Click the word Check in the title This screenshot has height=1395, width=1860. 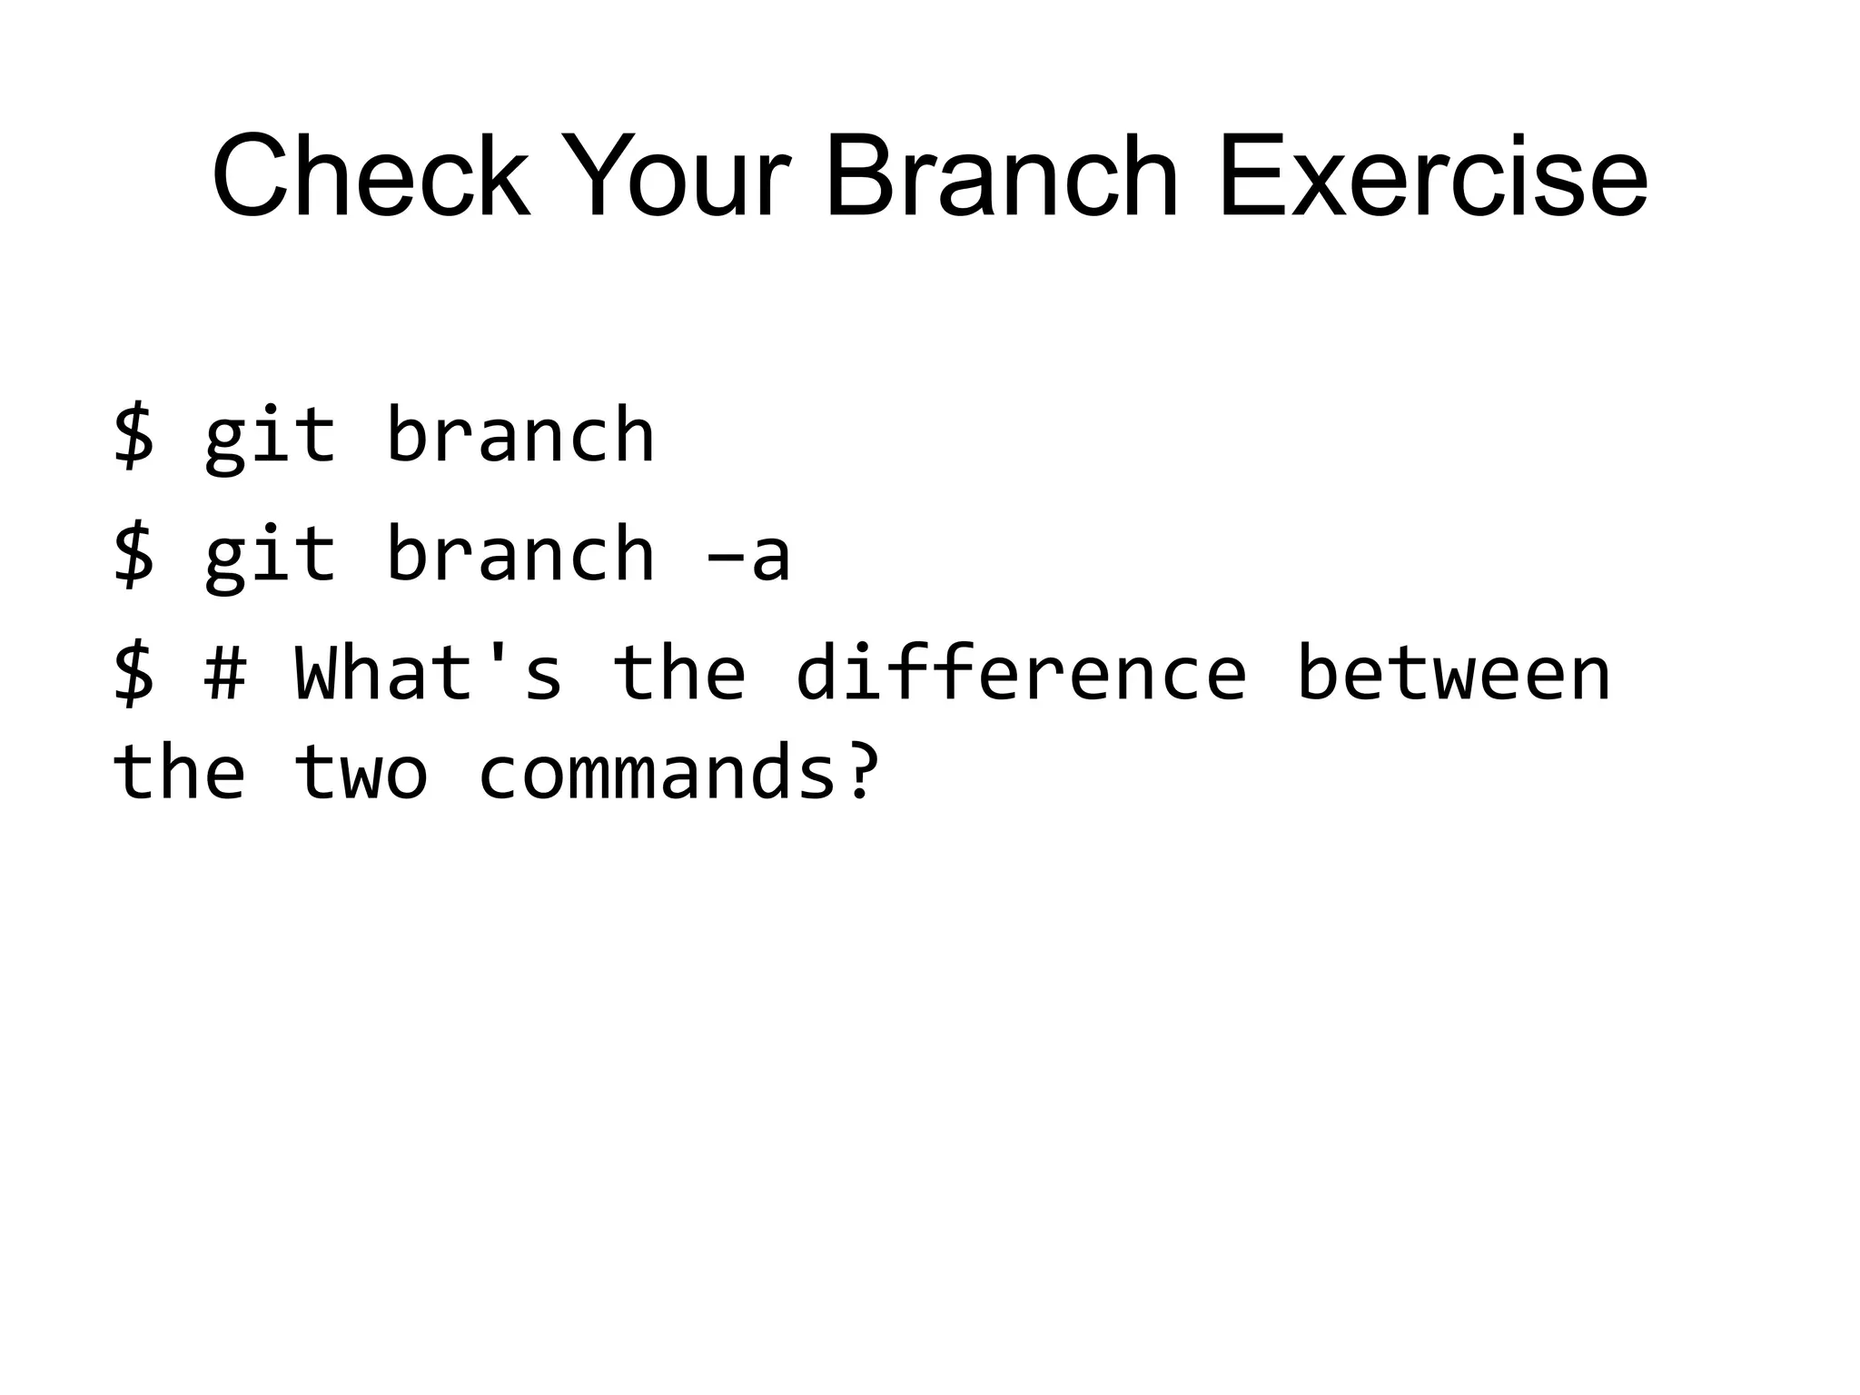point(371,176)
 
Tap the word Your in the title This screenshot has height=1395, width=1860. point(675,176)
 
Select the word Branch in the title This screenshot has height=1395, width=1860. point(1000,176)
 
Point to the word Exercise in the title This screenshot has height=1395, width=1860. point(1432,176)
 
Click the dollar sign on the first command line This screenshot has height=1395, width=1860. point(134,435)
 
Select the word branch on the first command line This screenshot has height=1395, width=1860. point(519,435)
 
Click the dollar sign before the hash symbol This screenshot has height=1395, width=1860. point(134,673)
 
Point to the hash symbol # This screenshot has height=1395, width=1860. point(225,673)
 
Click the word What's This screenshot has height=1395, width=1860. point(429,673)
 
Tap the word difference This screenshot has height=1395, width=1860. point(1021,673)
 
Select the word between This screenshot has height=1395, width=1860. point(1453,673)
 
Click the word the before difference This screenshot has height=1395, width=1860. point(679,673)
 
